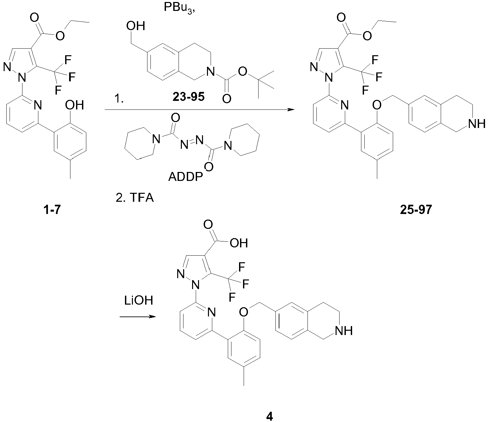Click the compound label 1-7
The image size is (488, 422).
tap(52, 210)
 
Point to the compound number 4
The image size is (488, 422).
tap(270, 416)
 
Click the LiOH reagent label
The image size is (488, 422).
tap(138, 301)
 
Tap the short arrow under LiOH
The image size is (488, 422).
tap(137, 317)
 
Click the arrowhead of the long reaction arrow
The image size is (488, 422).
tap(291, 109)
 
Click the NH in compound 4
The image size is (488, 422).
tap(345, 331)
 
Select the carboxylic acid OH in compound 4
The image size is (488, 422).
tap(239, 243)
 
